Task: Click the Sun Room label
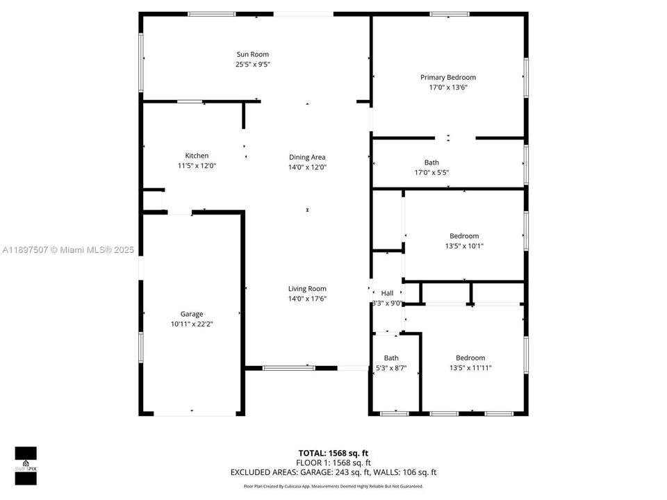(252, 54)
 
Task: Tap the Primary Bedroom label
(447, 77)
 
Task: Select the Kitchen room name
(197, 156)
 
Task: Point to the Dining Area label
(307, 157)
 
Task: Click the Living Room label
(307, 289)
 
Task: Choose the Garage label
(192, 314)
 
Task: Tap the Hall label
(387, 293)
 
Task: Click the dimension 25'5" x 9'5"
(252, 65)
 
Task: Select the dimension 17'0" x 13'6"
(447, 87)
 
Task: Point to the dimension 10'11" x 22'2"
(192, 324)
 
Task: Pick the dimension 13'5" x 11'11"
(470, 368)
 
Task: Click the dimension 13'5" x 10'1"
(463, 246)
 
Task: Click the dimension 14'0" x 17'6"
(307, 299)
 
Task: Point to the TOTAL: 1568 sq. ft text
(333, 452)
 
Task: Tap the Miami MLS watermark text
(68, 249)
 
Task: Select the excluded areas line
(333, 472)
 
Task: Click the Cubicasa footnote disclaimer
(333, 486)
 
